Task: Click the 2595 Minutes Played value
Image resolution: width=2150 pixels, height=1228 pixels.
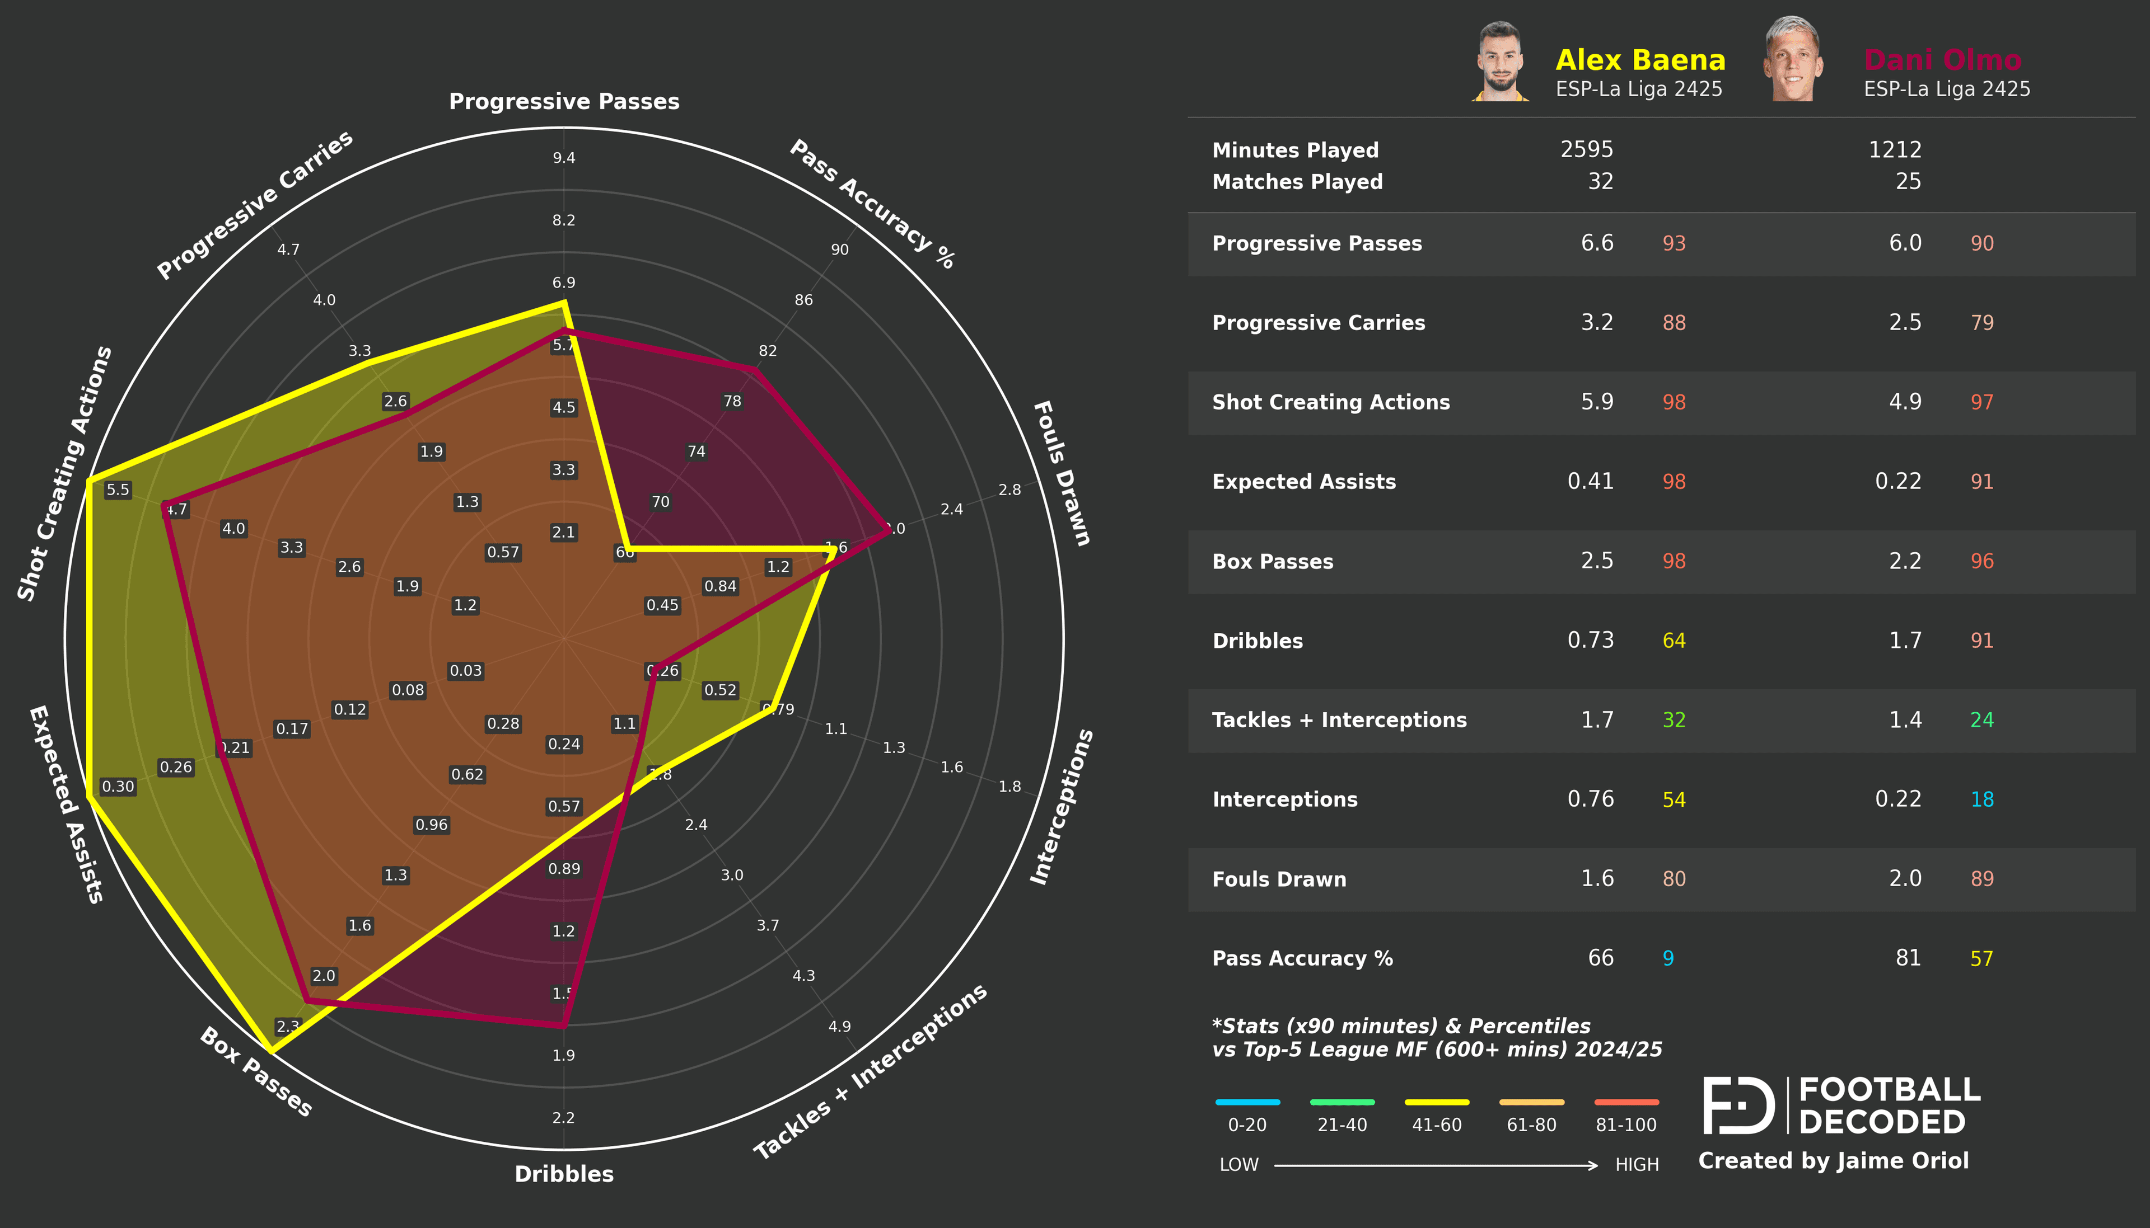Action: click(1586, 149)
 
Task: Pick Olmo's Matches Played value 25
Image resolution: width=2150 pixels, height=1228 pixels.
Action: click(1908, 181)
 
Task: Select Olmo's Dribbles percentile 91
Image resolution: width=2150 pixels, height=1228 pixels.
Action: click(1981, 641)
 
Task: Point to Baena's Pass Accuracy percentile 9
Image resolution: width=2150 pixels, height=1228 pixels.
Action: click(1667, 959)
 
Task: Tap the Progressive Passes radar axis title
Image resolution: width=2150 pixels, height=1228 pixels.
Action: click(564, 102)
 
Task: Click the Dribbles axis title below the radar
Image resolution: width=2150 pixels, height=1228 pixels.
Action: click(564, 1174)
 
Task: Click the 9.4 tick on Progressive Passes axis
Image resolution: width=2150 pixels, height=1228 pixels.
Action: click(564, 158)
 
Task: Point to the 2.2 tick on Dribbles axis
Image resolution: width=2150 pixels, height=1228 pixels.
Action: click(564, 1118)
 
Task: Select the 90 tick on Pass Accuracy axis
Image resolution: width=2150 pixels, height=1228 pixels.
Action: click(840, 250)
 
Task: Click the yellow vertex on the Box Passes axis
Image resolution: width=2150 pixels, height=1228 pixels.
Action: click(270, 1051)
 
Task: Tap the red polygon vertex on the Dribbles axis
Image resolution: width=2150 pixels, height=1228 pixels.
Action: click(564, 1025)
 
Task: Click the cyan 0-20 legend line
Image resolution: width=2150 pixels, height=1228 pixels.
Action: click(1247, 1102)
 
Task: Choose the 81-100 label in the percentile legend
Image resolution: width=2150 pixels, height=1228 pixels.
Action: click(1625, 1125)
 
